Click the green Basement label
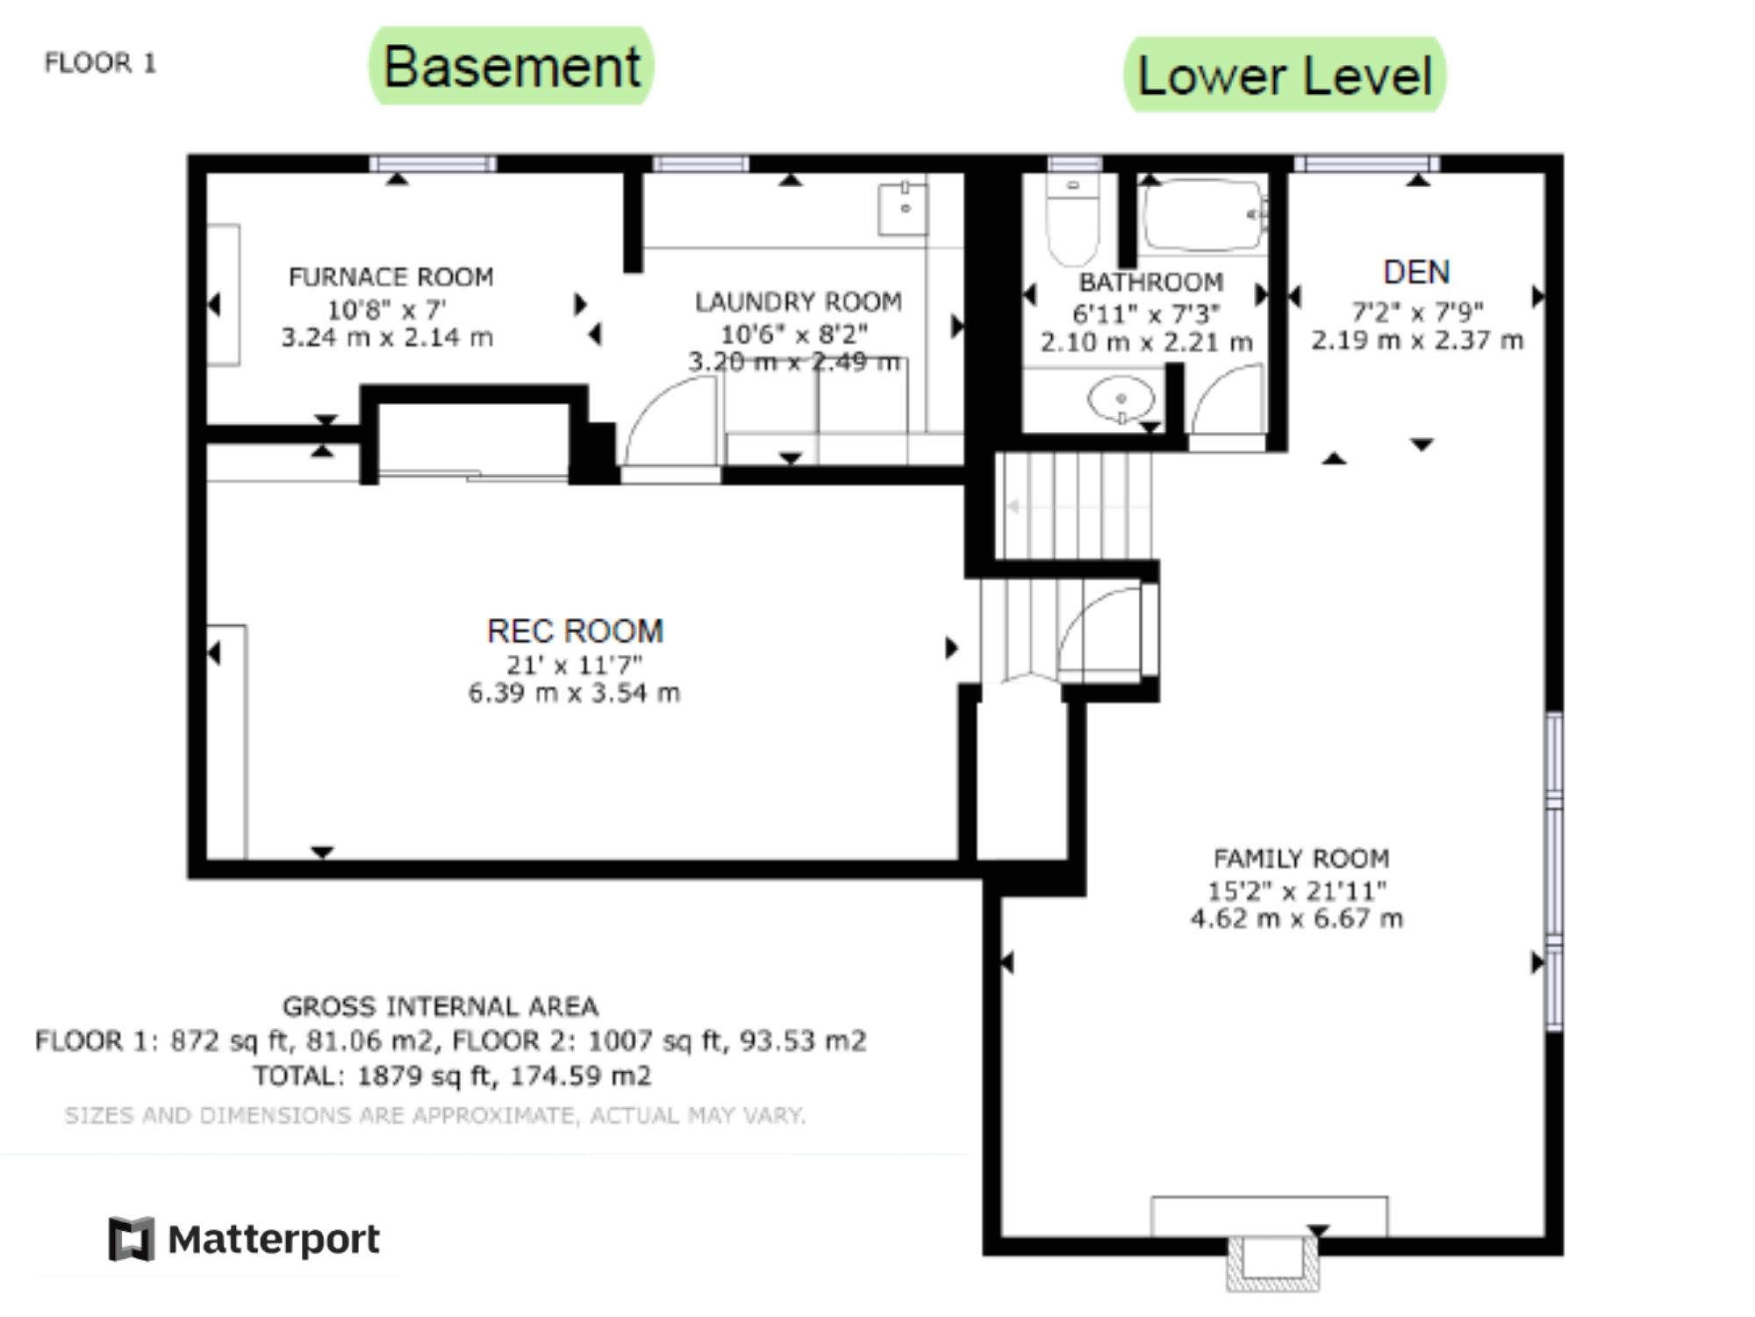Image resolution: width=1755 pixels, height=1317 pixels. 512,66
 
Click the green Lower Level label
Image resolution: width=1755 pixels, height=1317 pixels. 1285,75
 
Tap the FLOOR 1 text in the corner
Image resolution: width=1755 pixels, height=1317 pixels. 100,63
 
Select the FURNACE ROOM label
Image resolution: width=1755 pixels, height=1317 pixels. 391,277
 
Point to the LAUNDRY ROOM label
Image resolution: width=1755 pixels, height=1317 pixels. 799,302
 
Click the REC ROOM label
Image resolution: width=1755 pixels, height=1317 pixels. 576,631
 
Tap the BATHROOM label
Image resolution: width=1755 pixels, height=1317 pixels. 1151,282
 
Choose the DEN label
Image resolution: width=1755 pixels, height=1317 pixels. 1416,272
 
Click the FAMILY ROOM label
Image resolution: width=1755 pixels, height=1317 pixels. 1301,858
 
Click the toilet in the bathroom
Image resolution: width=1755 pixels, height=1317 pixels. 1073,219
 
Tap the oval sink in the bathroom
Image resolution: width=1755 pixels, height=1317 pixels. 1121,399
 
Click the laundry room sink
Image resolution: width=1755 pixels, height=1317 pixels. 903,208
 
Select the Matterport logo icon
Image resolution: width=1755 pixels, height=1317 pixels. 132,1239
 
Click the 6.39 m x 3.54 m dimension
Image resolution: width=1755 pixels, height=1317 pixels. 574,694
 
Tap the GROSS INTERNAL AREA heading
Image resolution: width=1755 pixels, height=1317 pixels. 441,1006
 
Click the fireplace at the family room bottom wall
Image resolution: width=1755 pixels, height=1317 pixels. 1271,1263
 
